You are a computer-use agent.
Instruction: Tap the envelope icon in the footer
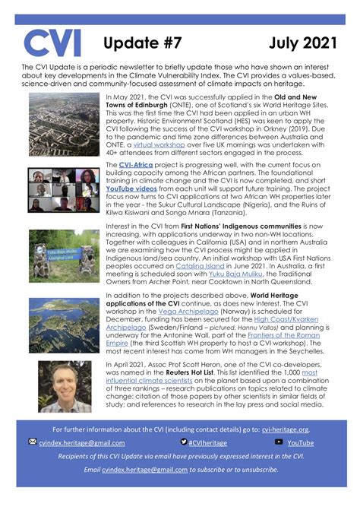point(32,442)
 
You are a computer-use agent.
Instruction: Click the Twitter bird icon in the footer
point(184,442)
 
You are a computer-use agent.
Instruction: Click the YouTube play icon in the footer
point(279,442)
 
